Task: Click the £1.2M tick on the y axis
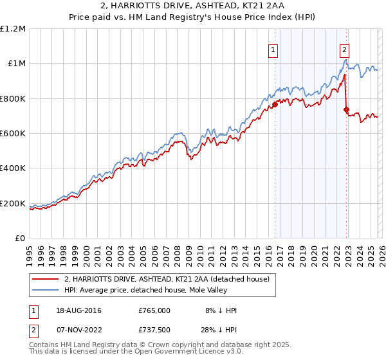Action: point(14,29)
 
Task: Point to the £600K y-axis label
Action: point(14,134)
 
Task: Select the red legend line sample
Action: point(46,279)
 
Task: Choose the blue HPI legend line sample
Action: point(46,290)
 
